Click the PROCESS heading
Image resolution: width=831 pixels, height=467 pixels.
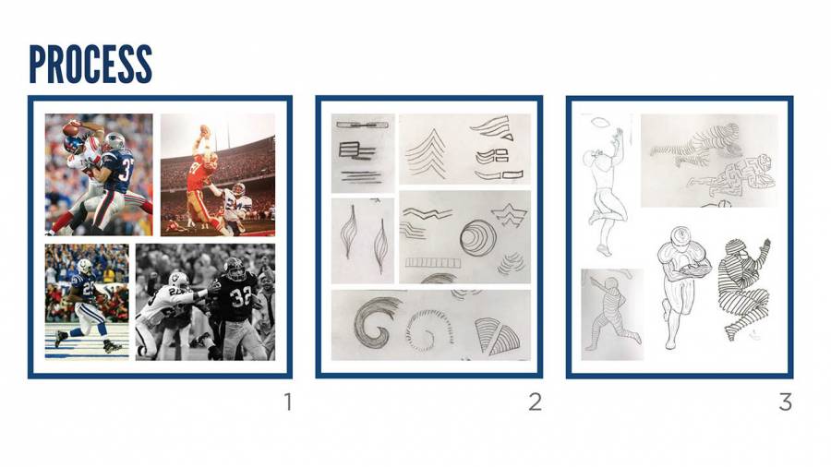(x=90, y=64)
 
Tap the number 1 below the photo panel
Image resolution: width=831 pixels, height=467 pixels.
(x=288, y=401)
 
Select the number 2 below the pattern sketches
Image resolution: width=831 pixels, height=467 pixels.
(x=536, y=401)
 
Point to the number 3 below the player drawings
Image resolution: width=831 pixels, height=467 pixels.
(x=786, y=401)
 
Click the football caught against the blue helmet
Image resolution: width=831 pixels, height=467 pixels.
(x=70, y=128)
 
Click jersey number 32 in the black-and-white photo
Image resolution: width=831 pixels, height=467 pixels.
(x=240, y=297)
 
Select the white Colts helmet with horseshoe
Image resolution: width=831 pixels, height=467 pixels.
(x=85, y=267)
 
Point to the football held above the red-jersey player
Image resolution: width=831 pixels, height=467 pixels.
(x=204, y=130)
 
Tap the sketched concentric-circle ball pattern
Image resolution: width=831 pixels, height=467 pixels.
(x=478, y=237)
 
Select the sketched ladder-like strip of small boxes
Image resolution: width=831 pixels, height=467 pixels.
(x=433, y=262)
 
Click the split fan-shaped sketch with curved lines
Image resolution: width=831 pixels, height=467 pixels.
(x=497, y=336)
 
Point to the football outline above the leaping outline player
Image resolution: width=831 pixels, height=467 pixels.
(x=600, y=123)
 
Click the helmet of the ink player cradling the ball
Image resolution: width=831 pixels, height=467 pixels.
(x=680, y=235)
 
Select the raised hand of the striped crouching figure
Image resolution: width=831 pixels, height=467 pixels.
(x=764, y=245)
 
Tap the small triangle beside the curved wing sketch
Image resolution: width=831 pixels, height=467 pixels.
(x=507, y=138)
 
